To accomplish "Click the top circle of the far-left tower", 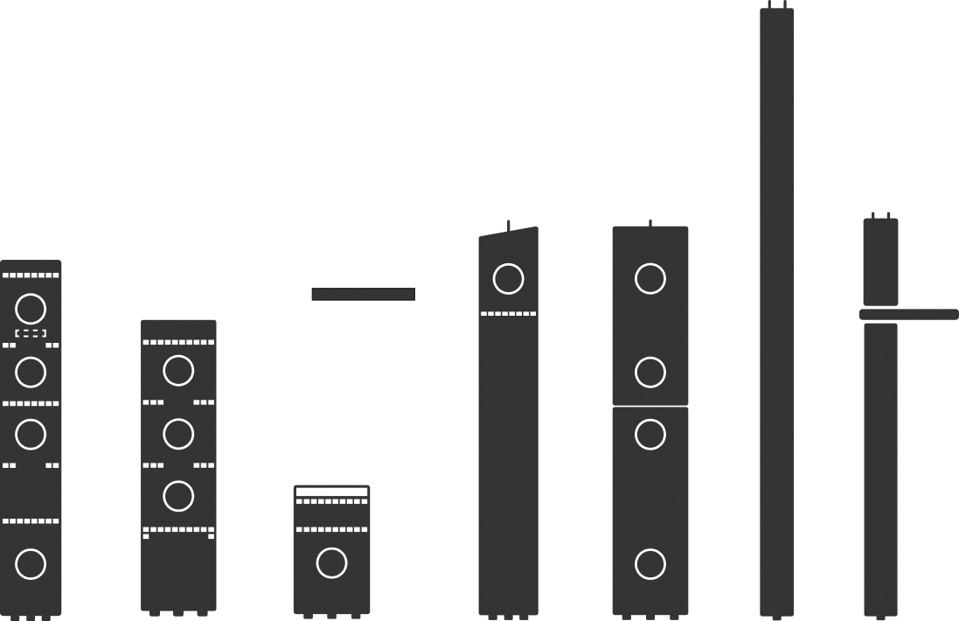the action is [x=31, y=309].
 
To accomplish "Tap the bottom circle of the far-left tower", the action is [x=31, y=564].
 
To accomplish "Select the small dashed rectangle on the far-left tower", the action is [x=31, y=333].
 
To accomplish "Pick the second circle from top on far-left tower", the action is [x=31, y=372].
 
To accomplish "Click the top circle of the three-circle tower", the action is [x=178, y=371].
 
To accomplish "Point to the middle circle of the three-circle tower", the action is [x=178, y=434].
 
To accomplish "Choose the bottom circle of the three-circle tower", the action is [x=178, y=496].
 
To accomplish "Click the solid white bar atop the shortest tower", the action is [x=331, y=492].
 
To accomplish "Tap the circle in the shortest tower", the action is [x=331, y=563].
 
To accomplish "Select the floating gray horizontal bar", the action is [x=363, y=294].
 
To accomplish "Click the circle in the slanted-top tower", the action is [x=508, y=279].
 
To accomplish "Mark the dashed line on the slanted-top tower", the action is [x=508, y=313].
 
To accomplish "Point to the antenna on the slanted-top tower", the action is [x=508, y=225].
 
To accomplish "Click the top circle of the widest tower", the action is [x=650, y=279].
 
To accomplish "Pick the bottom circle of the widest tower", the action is [x=650, y=564].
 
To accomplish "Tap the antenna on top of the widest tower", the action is [x=650, y=222].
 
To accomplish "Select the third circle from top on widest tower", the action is [x=650, y=434].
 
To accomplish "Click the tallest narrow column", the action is [x=776, y=306].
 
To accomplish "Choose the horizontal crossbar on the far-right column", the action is [x=908, y=314].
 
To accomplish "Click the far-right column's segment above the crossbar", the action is [x=880, y=262].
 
